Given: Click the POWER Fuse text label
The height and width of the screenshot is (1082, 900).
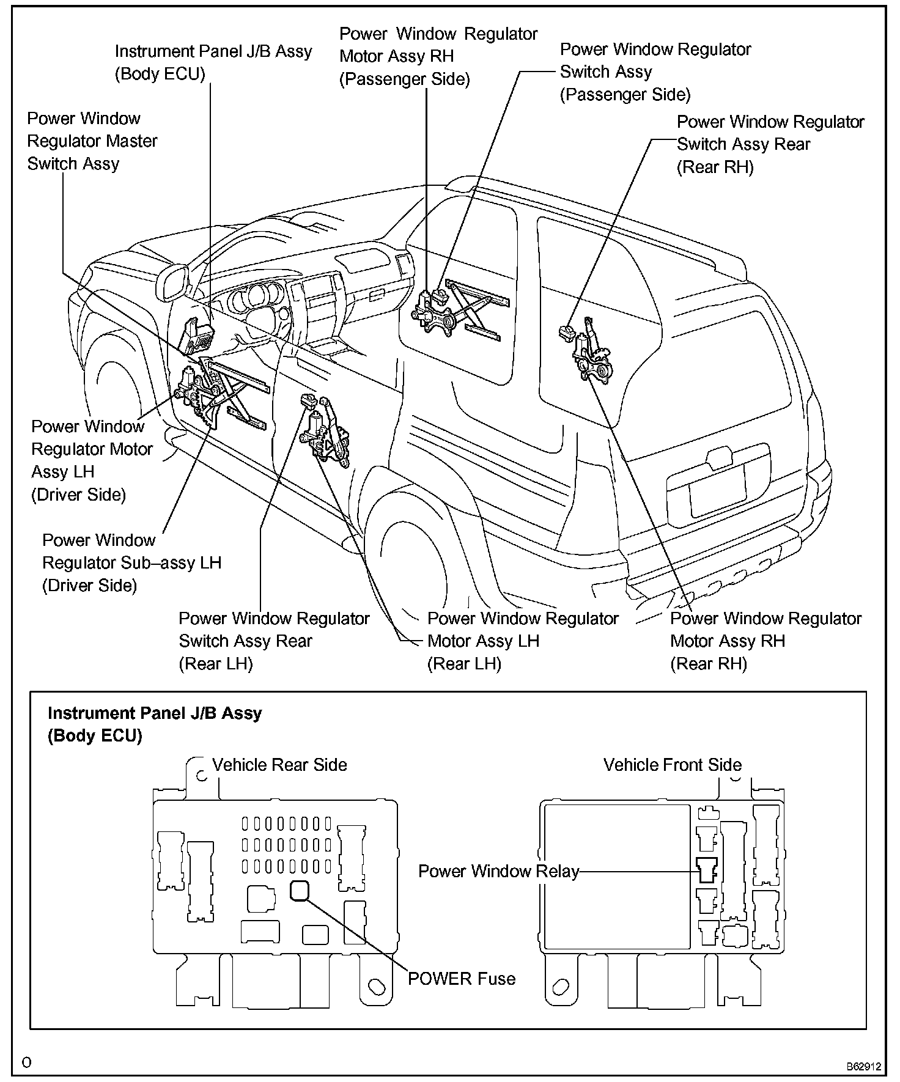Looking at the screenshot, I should tap(462, 979).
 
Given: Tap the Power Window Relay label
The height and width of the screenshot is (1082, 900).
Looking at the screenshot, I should tap(498, 871).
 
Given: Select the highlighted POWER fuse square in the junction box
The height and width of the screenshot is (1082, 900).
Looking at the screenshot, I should tap(299, 890).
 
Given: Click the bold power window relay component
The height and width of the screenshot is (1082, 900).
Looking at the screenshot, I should tap(707, 869).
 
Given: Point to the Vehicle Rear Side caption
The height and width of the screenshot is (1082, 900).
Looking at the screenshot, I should tap(279, 765).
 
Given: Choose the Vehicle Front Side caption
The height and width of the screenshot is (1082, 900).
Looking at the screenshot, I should tap(672, 765).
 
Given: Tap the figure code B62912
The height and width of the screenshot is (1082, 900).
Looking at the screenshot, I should tap(863, 1067).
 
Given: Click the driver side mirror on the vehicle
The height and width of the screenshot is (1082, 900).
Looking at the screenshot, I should tap(174, 282).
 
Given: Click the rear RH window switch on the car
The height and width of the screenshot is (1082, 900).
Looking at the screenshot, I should tap(566, 333).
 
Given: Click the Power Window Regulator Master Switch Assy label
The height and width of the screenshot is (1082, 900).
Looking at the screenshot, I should tap(92, 141).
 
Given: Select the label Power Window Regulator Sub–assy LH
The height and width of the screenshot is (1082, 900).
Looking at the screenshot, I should tap(131, 562).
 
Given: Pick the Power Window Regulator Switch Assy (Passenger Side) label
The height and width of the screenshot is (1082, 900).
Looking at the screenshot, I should tap(655, 72).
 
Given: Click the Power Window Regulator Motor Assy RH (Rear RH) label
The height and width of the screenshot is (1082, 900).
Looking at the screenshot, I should tap(765, 641).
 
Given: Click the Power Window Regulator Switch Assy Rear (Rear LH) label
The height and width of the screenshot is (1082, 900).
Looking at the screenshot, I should tap(274, 641).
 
